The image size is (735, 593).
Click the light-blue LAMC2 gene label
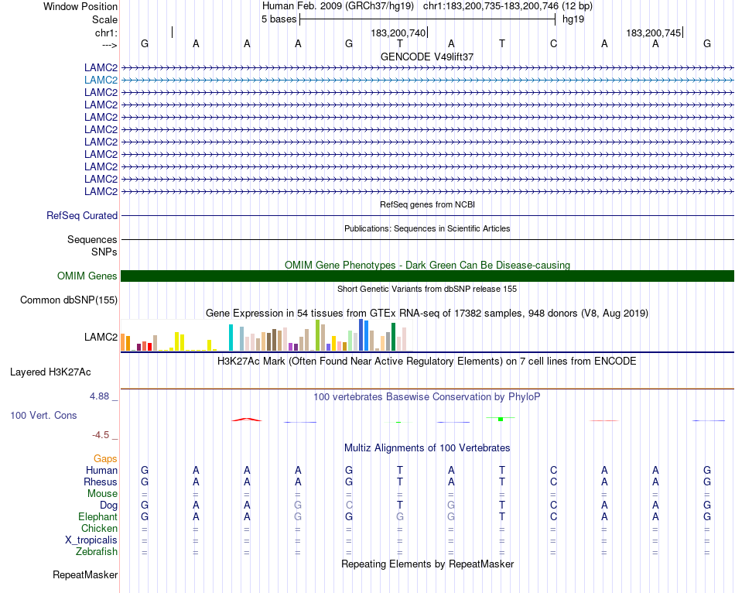pos(101,80)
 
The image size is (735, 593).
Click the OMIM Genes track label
pos(87,276)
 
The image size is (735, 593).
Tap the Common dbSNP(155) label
pos(69,300)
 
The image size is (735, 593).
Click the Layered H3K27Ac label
pos(63,372)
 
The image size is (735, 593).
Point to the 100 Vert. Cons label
pos(43,416)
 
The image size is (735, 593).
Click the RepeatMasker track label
pos(85,575)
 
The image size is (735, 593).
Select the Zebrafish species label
pos(97,552)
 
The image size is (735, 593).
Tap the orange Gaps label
pos(105,459)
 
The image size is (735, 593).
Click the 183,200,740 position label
pos(398,33)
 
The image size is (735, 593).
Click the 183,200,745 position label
pos(654,33)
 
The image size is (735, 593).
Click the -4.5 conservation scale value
pos(101,435)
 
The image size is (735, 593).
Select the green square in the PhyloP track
pos(501,419)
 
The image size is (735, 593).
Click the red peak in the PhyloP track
pos(246,420)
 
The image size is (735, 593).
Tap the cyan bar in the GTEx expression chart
pos(231,338)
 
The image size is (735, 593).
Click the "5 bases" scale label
pos(279,19)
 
